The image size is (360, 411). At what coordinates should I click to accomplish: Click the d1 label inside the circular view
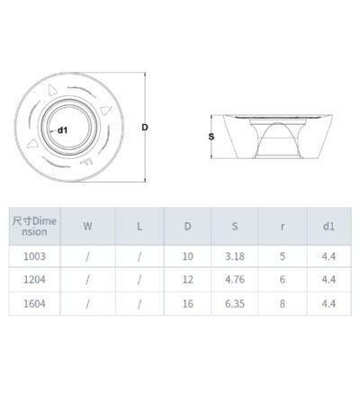tap(62, 130)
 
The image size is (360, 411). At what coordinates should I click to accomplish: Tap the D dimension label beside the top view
tap(145, 128)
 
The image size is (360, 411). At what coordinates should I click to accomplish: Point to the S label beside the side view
tap(211, 137)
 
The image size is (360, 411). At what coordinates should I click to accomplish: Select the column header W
tap(87, 227)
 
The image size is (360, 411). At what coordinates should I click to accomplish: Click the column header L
tap(139, 227)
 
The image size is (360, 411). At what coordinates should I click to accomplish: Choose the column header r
tap(283, 227)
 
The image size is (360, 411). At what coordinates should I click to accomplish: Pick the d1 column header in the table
tap(328, 227)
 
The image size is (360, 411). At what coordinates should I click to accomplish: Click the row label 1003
tap(34, 256)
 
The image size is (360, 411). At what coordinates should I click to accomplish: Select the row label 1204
tap(34, 280)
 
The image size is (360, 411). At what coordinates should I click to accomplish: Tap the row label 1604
tap(34, 304)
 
